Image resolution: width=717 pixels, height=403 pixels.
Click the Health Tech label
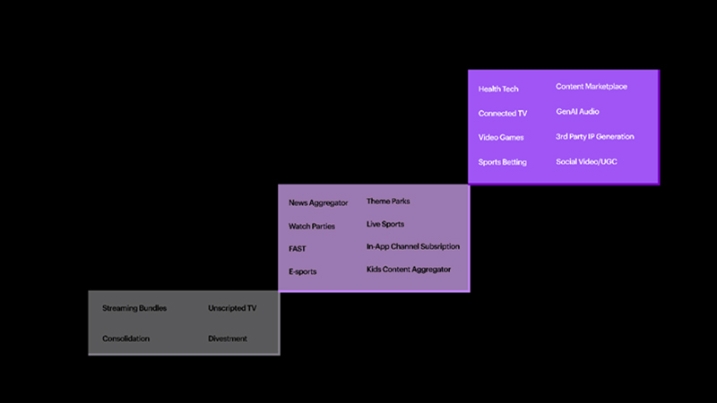point(498,89)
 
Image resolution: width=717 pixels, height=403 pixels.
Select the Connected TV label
point(503,114)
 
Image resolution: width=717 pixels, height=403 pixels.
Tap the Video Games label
point(501,138)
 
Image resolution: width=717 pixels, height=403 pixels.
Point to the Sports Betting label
point(503,163)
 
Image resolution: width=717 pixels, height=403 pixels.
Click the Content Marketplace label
point(592,87)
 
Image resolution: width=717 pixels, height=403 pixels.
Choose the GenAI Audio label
point(578,112)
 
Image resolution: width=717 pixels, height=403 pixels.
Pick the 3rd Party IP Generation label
point(595,137)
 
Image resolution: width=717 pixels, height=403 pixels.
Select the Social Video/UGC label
point(586,162)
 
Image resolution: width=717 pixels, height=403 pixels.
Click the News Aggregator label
point(318,203)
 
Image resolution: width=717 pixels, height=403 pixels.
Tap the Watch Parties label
point(312,227)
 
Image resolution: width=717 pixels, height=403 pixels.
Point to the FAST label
point(298,249)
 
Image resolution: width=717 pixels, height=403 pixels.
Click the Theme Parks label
point(388,201)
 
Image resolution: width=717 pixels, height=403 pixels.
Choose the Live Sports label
point(385,224)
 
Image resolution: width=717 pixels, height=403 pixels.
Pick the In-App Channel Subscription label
point(413,246)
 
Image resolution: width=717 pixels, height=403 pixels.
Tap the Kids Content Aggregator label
point(409,270)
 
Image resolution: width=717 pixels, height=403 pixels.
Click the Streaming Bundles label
point(134,309)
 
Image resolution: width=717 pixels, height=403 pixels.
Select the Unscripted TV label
point(232,309)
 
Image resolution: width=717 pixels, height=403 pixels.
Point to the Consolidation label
point(126,339)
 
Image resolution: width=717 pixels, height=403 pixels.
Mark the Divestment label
point(228,339)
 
